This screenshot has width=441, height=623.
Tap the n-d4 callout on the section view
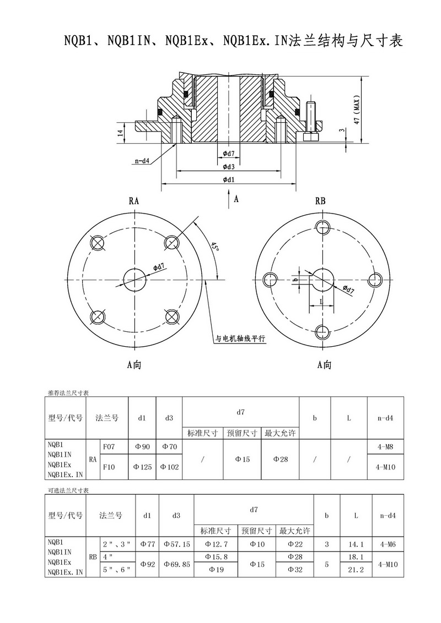point(142,161)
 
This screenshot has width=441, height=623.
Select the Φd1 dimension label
point(229,179)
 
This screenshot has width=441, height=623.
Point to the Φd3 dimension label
point(229,167)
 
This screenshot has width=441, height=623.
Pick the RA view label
point(134,201)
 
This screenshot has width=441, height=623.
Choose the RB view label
point(320,201)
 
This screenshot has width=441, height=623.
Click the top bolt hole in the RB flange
point(322,226)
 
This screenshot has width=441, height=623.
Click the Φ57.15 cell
point(176,544)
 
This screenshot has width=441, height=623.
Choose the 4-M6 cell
point(388,544)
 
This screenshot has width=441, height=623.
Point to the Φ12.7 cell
point(216,544)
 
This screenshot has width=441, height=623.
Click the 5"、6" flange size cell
point(117,570)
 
